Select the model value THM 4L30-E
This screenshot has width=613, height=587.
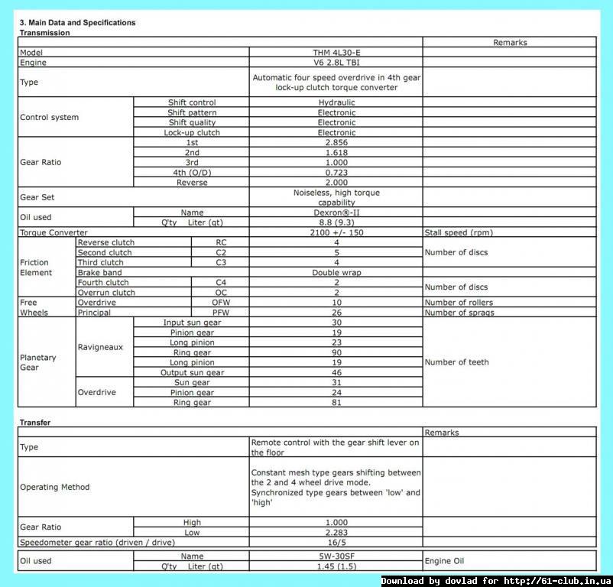click(336, 53)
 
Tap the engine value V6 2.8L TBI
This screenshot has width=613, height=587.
click(336, 63)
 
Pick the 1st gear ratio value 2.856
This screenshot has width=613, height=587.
click(336, 143)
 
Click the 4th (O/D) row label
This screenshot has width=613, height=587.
click(192, 173)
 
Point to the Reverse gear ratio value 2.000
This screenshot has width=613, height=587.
click(336, 183)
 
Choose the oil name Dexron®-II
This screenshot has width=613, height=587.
click(336, 212)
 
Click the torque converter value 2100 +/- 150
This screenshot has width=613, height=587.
click(336, 232)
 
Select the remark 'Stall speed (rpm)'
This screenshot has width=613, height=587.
click(459, 232)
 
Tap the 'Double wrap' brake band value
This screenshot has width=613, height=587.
click(336, 272)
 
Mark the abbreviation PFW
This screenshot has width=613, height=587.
click(220, 312)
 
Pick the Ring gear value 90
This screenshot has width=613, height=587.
click(336, 352)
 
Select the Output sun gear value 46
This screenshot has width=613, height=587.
click(336, 372)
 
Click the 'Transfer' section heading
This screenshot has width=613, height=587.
click(34, 422)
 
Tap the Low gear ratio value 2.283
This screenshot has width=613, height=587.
click(336, 532)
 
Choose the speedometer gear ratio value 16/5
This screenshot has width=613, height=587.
click(336, 542)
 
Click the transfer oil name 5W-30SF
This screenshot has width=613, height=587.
click(336, 556)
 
